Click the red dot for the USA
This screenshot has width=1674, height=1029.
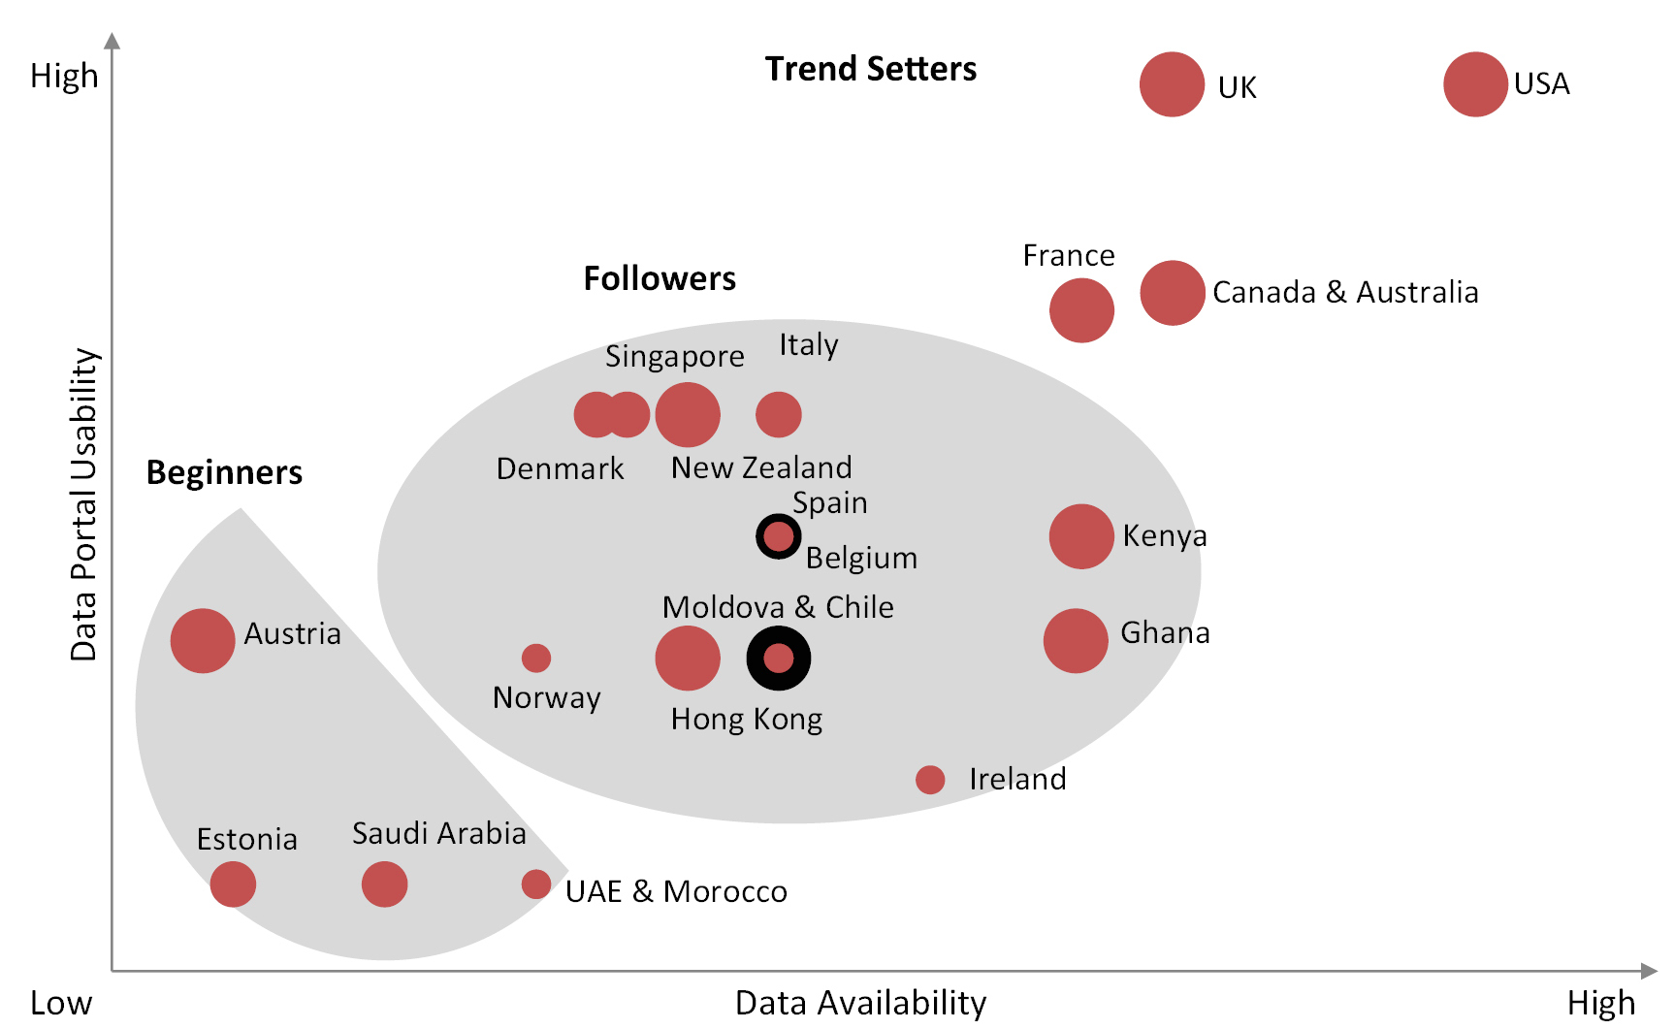[1474, 84]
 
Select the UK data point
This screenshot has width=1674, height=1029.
[1172, 84]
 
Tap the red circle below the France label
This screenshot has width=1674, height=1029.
[1081, 310]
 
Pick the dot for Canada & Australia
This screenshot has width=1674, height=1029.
[1173, 293]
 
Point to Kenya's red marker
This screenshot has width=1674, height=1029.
[1081, 536]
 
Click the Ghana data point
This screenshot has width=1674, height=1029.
[1076, 640]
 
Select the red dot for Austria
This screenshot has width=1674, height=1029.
[203, 640]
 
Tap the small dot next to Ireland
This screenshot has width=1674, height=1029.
[930, 779]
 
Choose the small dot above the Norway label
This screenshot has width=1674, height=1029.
[536, 658]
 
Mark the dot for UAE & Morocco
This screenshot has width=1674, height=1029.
[536, 884]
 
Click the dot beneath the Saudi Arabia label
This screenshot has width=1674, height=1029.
[384, 884]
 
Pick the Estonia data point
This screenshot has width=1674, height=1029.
[233, 884]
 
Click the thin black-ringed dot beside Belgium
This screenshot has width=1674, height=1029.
[778, 536]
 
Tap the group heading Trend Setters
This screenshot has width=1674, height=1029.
[870, 69]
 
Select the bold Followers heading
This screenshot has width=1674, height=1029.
[660, 278]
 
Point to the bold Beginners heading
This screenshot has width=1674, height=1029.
[224, 472]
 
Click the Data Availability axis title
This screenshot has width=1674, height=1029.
[860, 1003]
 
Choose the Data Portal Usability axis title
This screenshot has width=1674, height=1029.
[84, 504]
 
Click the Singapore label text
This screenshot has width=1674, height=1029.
[675, 357]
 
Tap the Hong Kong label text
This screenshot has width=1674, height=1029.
[747, 720]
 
